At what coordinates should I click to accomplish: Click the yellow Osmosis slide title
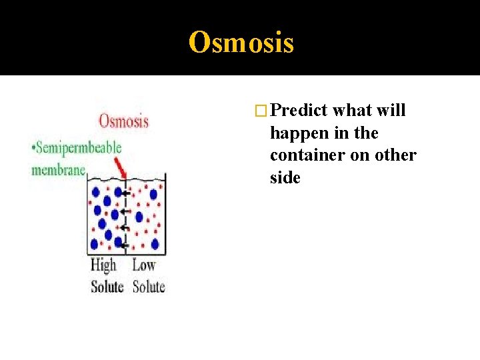pos(241,43)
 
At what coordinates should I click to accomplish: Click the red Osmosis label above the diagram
pos(123,121)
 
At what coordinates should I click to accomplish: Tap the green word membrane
pos(59,169)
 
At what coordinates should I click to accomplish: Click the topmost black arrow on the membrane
pos(124,194)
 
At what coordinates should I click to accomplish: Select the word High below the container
pos(103,265)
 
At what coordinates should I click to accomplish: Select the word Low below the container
pos(144,265)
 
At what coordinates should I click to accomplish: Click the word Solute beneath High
pos(107,287)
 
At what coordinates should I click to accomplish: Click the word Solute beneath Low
pos(149,287)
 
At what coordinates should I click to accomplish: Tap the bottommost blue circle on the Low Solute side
pos(155,244)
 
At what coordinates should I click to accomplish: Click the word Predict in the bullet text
pos(299,111)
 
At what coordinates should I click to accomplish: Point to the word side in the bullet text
pos(285,178)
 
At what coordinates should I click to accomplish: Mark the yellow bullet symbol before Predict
pos(262,111)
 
